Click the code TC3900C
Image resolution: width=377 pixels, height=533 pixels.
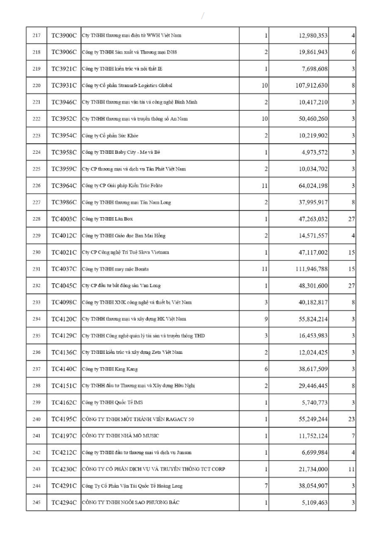[x=64, y=36]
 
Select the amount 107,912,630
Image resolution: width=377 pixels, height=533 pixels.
[x=310, y=86]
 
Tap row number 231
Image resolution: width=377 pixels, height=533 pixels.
[x=37, y=269]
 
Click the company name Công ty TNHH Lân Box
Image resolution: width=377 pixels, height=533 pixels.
[x=107, y=219]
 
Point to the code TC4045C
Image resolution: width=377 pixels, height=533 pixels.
[x=64, y=286]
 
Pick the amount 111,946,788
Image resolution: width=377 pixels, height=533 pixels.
[x=310, y=270]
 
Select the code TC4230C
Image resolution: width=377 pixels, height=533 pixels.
[x=64, y=470]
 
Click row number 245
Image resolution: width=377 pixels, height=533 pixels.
[x=37, y=503]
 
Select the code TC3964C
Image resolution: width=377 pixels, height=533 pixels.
[x=64, y=186]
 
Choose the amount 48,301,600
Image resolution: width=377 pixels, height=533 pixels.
[x=311, y=286]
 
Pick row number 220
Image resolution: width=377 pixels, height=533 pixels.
[x=37, y=86]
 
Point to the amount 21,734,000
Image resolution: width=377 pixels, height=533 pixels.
[x=311, y=470]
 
